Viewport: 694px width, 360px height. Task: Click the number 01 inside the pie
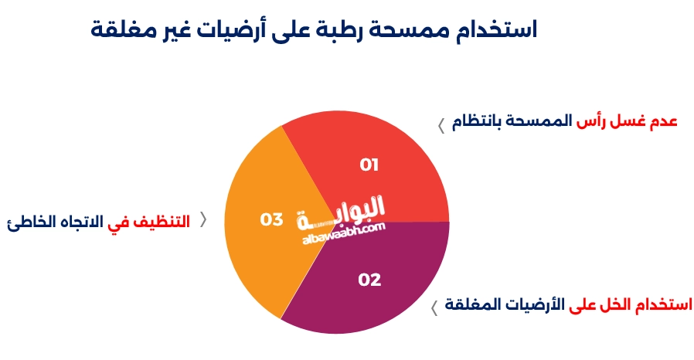coord(369,165)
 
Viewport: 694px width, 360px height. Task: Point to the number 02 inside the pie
coord(369,280)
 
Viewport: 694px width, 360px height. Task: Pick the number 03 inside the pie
coord(271,219)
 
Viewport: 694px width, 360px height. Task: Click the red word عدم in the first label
coord(661,122)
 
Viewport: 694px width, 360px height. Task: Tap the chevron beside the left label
coord(204,219)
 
